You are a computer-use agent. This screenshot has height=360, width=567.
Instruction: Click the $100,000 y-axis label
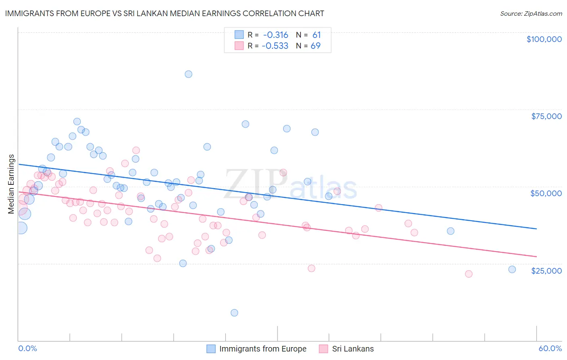point(544,39)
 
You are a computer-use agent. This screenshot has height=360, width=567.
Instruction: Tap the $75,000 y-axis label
point(546,116)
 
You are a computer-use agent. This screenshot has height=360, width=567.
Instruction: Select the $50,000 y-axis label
point(546,193)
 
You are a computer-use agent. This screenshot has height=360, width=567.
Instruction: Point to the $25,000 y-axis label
point(546,270)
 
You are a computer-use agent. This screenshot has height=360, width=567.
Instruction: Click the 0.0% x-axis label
point(27,348)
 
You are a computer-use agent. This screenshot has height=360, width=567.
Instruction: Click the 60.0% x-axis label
point(550,348)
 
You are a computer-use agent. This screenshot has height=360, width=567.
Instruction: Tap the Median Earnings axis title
point(11,184)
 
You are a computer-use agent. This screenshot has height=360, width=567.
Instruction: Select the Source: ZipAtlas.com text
point(531,13)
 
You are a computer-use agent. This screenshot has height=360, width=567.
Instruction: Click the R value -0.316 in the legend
point(276,35)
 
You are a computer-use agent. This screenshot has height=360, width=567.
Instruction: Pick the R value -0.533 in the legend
point(275,46)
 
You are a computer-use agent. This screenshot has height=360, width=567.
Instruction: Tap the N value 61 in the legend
point(317,35)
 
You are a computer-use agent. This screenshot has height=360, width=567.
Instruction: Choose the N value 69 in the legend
point(315,46)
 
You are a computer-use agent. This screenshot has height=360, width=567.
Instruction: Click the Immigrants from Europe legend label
point(263,349)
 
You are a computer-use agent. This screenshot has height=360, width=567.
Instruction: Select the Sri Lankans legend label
point(353,349)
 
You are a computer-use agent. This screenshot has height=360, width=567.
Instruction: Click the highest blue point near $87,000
point(188,74)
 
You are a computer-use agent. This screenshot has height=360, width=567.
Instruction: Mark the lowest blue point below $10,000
point(234,313)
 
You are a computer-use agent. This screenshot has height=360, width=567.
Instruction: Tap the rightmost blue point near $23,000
point(512,270)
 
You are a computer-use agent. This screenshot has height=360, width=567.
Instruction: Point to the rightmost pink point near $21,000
point(469,274)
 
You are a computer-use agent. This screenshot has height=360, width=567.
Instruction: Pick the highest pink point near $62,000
point(136,151)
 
